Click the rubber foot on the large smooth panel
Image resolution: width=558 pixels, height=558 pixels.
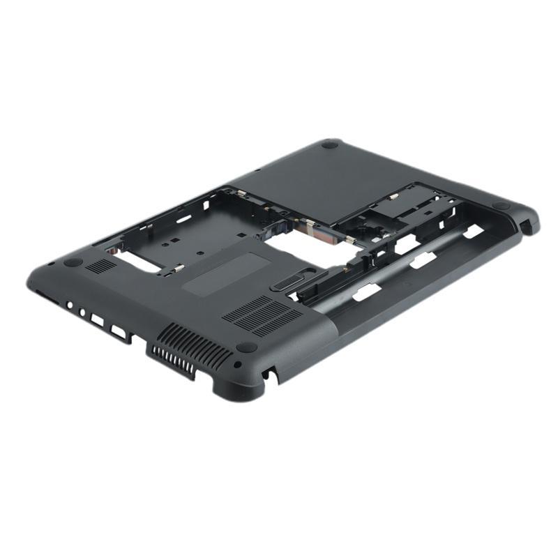(x=330, y=145)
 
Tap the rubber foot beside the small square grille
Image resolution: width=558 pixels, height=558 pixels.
(x=73, y=262)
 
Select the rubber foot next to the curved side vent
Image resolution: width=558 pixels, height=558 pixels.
(x=246, y=347)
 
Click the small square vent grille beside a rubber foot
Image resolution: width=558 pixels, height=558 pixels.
(x=101, y=266)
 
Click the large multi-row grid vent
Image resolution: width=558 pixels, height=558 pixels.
(x=261, y=316)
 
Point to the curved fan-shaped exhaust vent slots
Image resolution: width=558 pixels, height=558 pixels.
(x=188, y=350)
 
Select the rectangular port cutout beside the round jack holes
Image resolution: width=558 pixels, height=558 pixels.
(x=97, y=321)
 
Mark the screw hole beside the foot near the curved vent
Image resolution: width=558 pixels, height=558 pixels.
(x=238, y=364)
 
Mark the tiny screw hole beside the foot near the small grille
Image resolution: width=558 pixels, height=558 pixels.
(x=51, y=264)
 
